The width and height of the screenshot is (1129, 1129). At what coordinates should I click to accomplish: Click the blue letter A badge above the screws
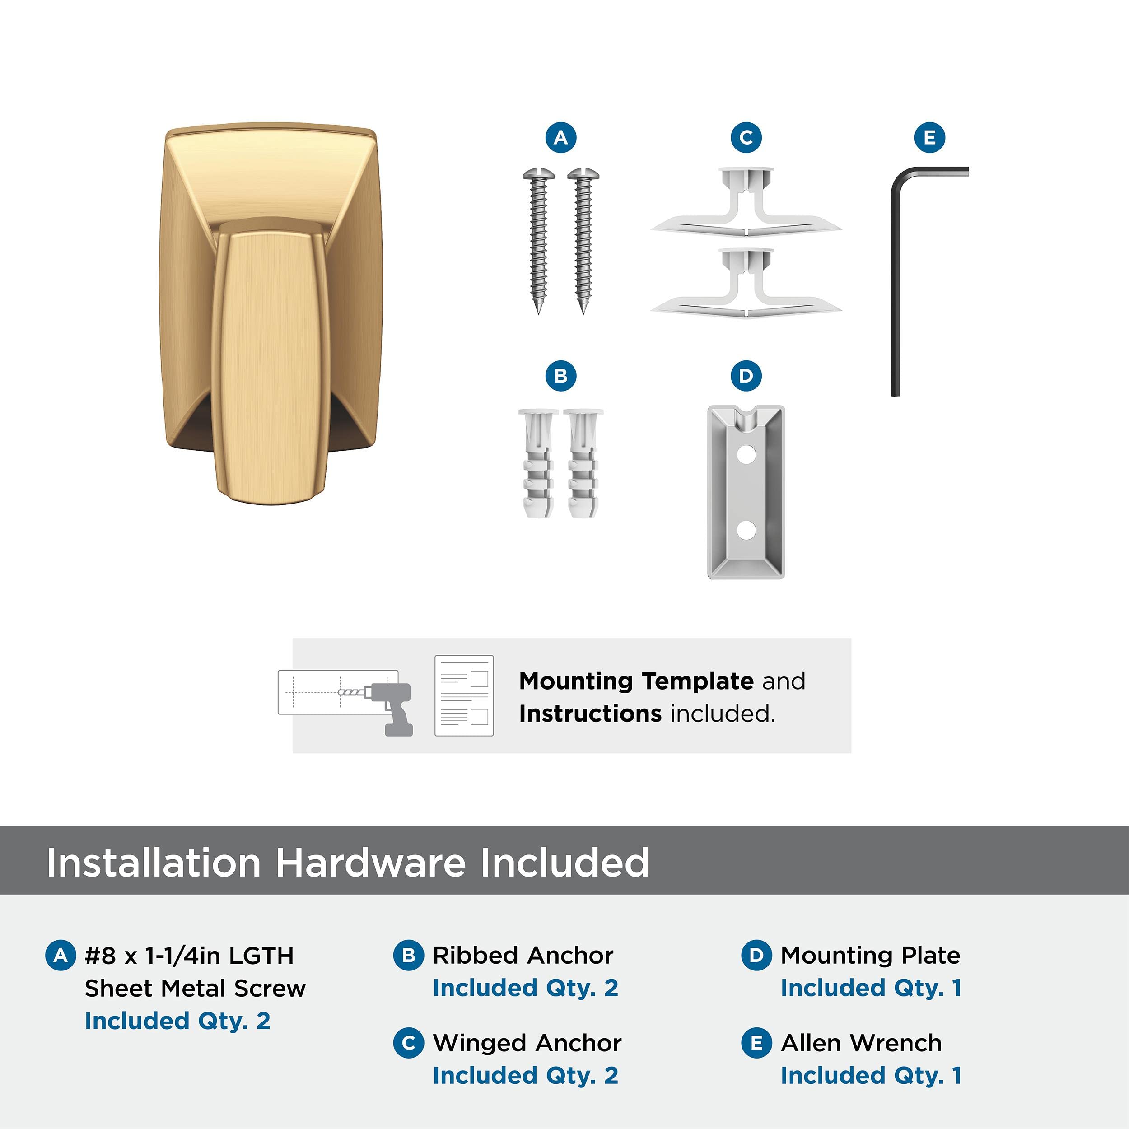pos(560,138)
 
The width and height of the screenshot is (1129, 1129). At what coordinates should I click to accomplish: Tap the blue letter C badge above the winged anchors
pos(746,138)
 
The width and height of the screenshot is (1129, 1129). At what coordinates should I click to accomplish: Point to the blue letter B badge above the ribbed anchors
pos(560,376)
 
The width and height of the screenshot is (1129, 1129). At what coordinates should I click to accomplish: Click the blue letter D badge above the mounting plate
pos(746,376)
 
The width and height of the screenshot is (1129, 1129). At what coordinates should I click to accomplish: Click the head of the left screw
pos(539,174)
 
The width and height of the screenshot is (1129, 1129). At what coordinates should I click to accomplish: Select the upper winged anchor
pos(746,202)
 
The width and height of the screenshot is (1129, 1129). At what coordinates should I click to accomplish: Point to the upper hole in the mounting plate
pos(746,454)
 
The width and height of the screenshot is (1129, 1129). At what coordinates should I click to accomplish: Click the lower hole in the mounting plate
pos(746,530)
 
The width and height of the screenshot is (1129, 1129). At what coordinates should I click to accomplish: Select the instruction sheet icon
pos(464,695)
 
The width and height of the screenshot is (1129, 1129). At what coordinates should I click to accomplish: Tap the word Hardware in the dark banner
pos(372,863)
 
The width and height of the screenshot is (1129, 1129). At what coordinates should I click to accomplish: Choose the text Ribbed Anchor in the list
pos(523,956)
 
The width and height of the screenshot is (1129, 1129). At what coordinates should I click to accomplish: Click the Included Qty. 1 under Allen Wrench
pos(871,1075)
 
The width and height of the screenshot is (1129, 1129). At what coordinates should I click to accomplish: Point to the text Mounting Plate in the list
pos(871,956)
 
